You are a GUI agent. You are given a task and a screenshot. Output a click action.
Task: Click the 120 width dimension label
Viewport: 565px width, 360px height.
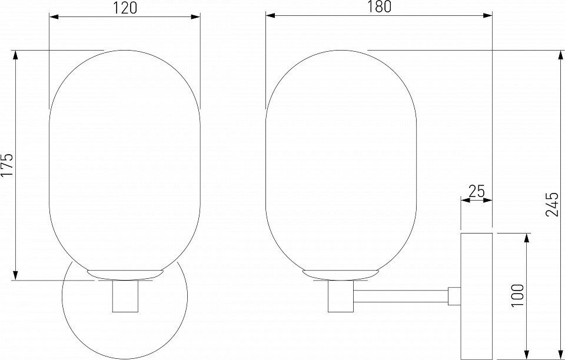(125, 8)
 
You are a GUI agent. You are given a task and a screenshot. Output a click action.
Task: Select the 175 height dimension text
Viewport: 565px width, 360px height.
(7, 165)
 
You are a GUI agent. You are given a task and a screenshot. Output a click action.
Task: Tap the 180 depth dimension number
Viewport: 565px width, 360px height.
(379, 7)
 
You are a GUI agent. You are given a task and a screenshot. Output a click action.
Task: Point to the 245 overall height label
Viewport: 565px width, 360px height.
(551, 204)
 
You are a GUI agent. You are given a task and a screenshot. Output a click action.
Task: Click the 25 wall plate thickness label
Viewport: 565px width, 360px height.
(477, 191)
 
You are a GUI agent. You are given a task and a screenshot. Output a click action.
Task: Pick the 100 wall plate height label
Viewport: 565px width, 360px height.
(517, 295)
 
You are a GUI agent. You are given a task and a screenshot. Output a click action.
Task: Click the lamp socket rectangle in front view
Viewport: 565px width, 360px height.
(125, 296)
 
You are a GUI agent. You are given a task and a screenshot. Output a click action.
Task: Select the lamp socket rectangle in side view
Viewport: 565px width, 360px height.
(341, 296)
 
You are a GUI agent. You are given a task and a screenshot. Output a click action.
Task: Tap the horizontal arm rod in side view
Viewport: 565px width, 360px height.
(401, 296)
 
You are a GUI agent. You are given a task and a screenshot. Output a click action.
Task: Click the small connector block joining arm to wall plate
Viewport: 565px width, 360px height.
(454, 296)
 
